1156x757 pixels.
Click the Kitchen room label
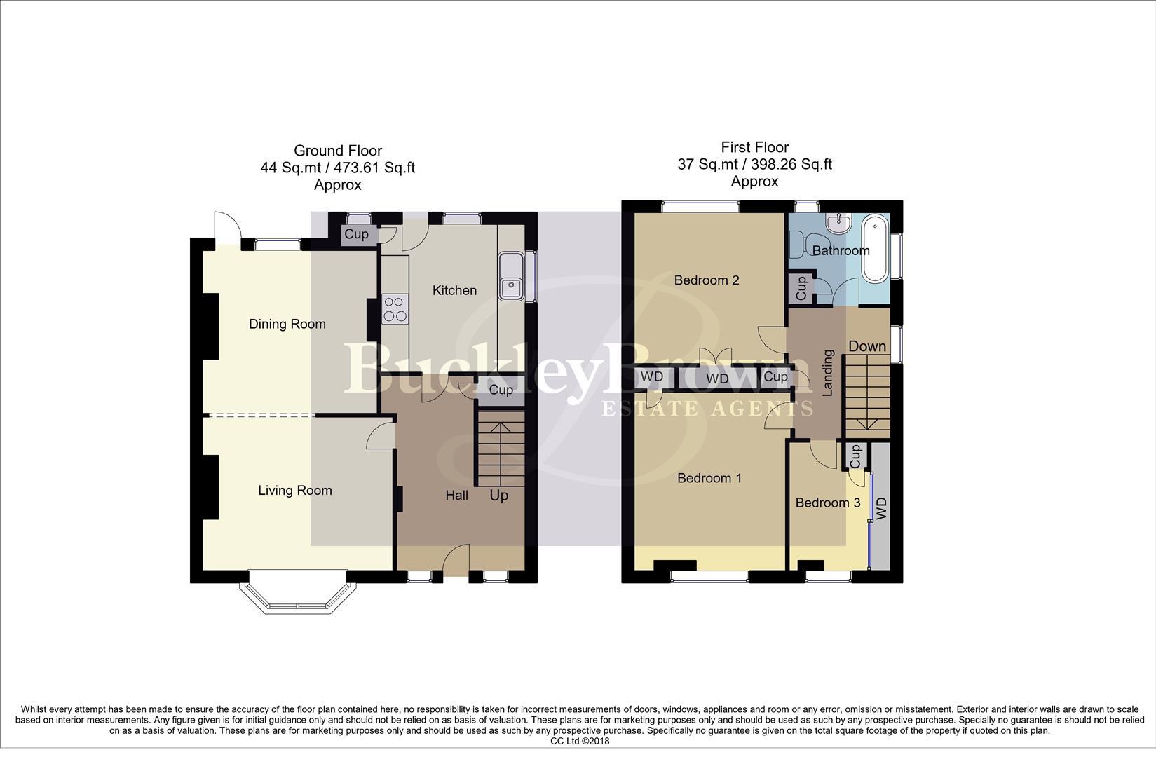pyautogui.click(x=454, y=290)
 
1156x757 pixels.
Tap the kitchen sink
pyautogui.click(x=511, y=276)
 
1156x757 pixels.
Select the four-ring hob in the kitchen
pyautogui.click(x=395, y=309)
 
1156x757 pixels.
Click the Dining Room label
pyautogui.click(x=287, y=324)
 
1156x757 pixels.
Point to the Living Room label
pyautogui.click(x=294, y=491)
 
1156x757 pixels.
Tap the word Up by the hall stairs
pyautogui.click(x=498, y=496)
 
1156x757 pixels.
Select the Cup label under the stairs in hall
pyautogui.click(x=501, y=390)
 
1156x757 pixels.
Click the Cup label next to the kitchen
pyautogui.click(x=356, y=234)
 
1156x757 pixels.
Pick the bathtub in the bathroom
pyautogui.click(x=875, y=249)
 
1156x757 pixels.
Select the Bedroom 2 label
pyautogui.click(x=706, y=280)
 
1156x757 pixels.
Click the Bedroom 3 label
pyautogui.click(x=827, y=503)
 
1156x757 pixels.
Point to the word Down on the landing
pyautogui.click(x=867, y=346)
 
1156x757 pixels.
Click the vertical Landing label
pyautogui.click(x=827, y=373)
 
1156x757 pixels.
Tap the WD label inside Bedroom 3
pyautogui.click(x=881, y=508)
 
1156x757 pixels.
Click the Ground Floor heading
pyautogui.click(x=337, y=151)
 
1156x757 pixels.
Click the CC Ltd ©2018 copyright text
pyautogui.click(x=579, y=741)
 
